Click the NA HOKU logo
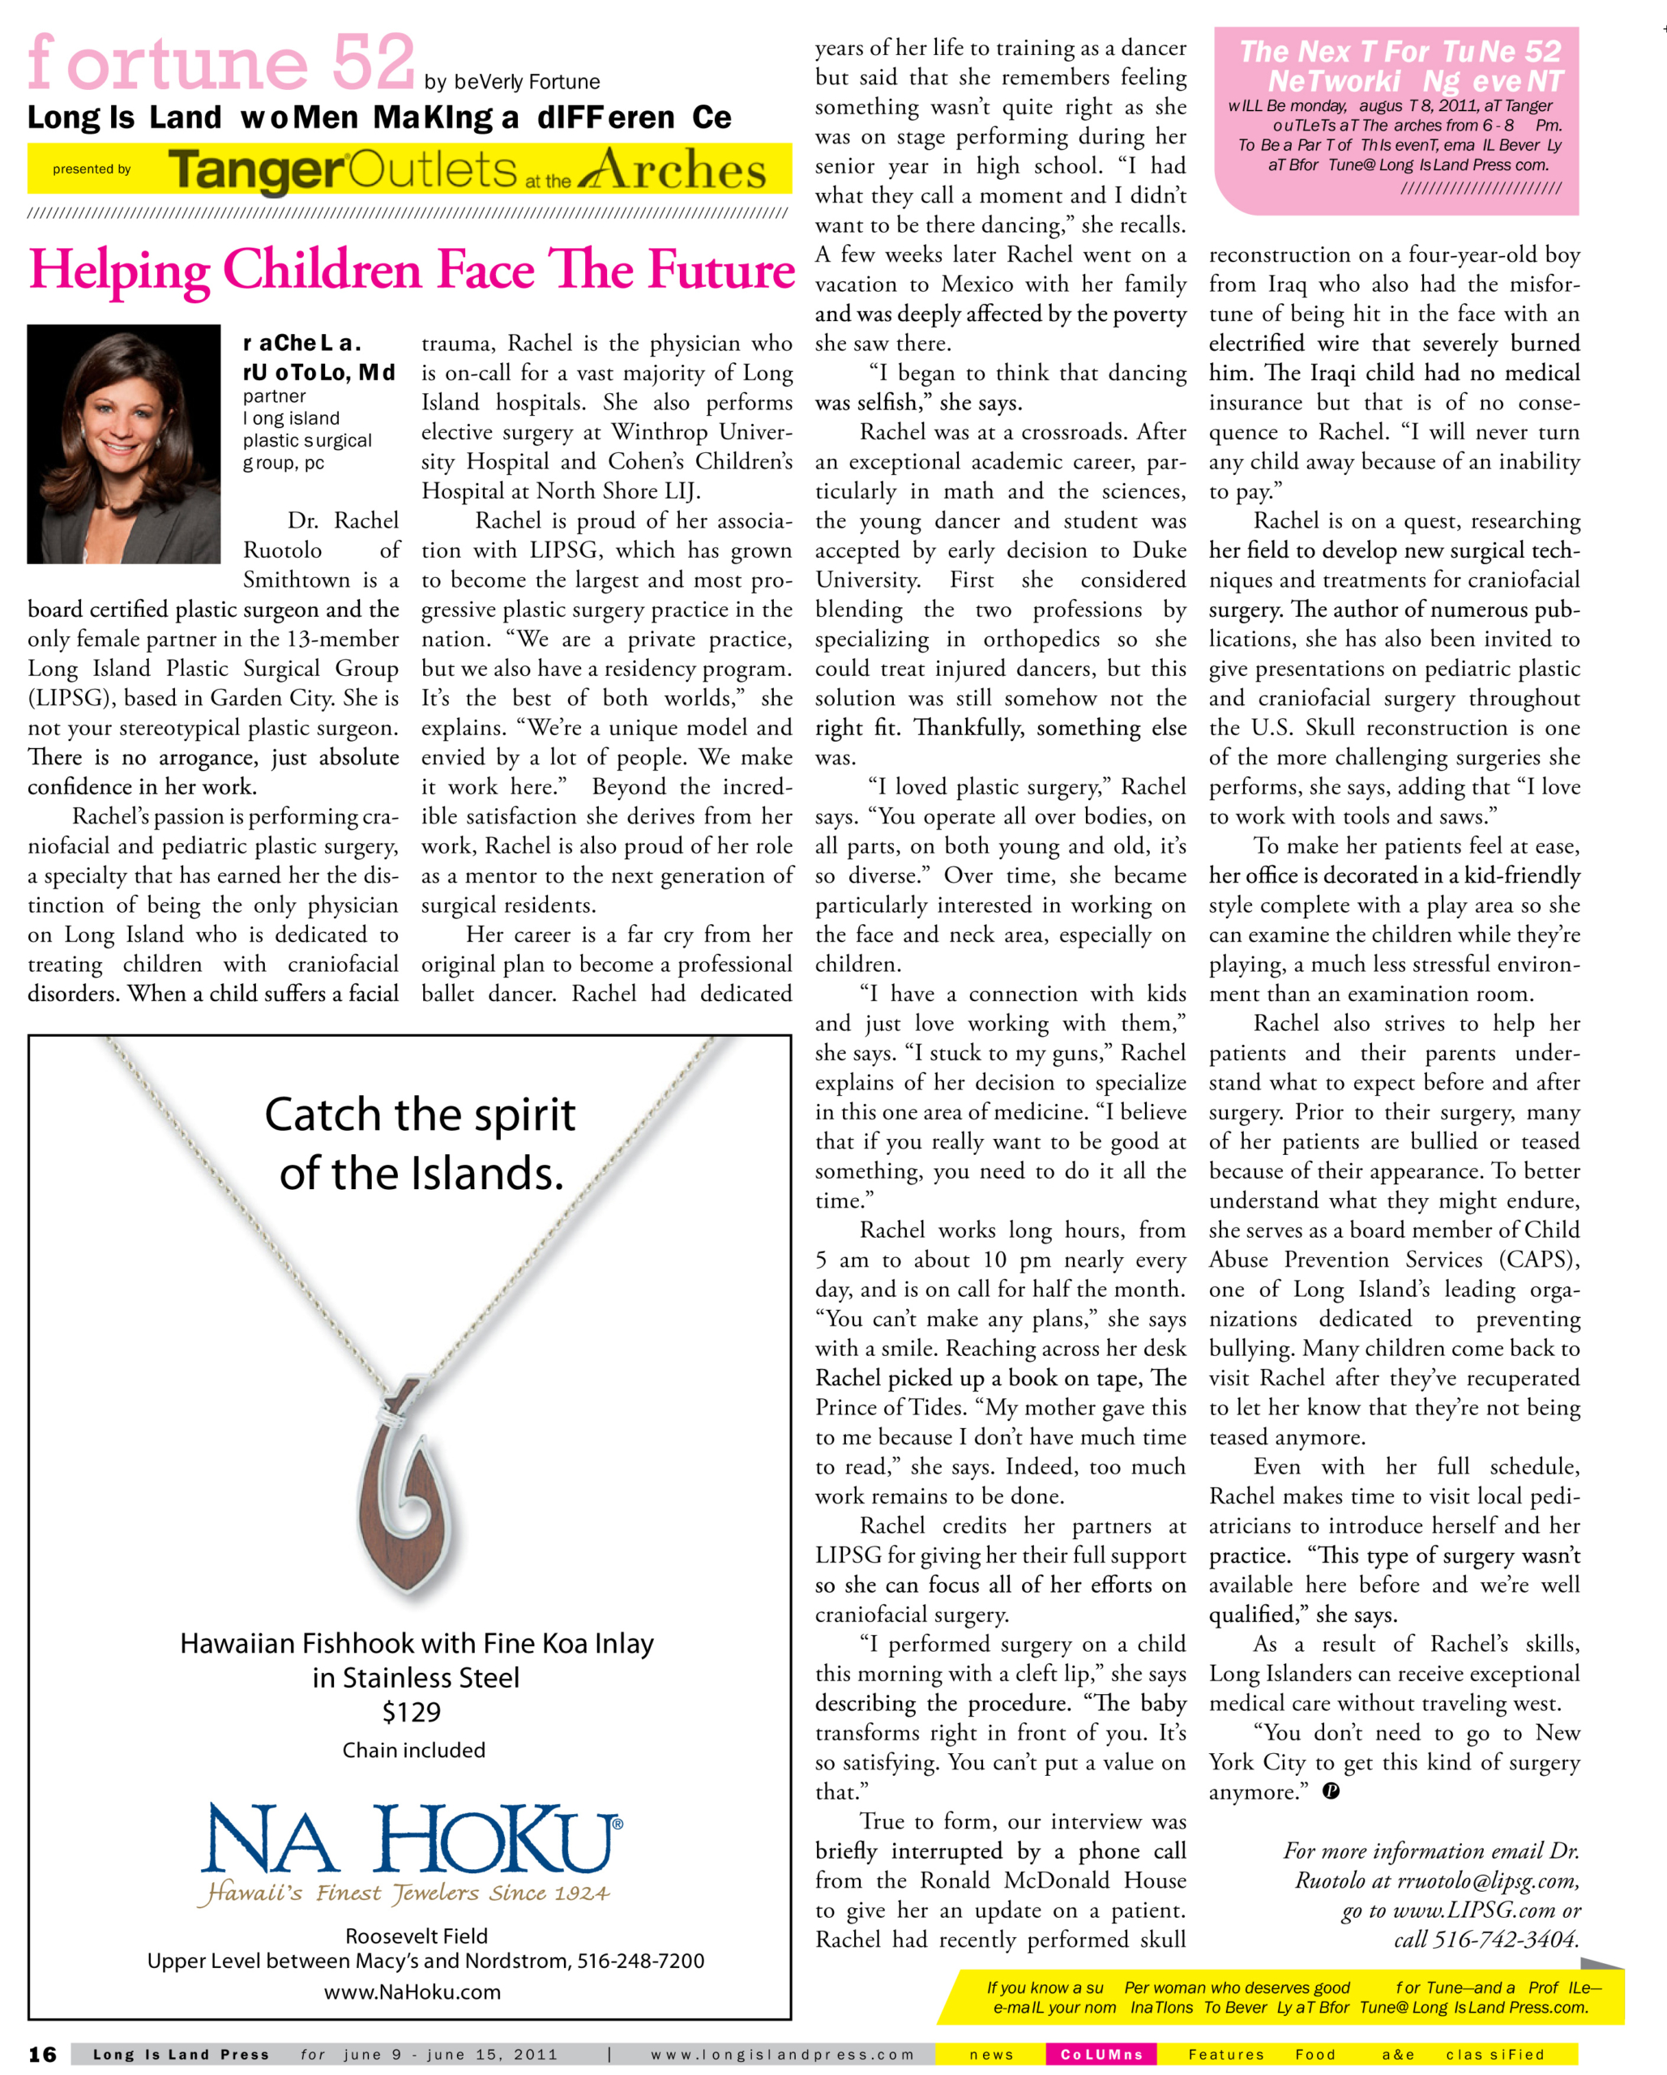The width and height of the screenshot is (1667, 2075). tap(412, 1840)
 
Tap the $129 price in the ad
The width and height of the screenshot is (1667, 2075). tap(412, 1712)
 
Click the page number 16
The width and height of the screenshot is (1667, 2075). tap(42, 2055)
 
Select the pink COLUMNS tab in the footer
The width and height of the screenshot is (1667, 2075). tap(1101, 2055)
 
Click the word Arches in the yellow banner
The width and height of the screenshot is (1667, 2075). tap(673, 170)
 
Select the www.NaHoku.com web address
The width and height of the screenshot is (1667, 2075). tap(412, 1992)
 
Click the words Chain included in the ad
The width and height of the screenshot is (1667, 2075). tap(414, 1751)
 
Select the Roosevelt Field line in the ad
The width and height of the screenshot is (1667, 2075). tap(417, 1936)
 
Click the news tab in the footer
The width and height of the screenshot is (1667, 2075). tap(991, 2055)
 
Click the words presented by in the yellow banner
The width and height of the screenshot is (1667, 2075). tap(92, 169)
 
